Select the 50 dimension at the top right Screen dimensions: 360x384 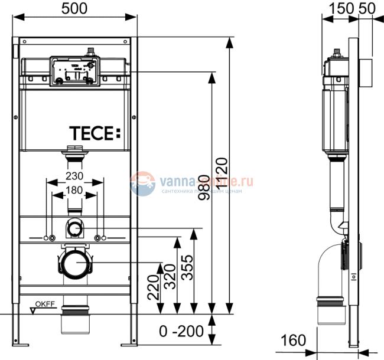366,8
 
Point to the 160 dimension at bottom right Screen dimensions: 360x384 294,341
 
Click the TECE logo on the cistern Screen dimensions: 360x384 94,133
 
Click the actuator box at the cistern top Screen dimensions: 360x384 74,70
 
